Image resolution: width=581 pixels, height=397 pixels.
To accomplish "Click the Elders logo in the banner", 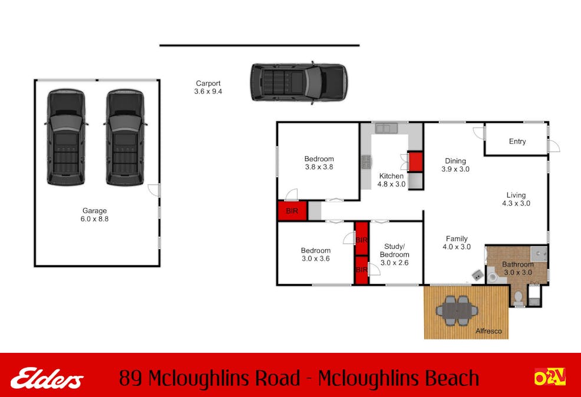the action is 47,378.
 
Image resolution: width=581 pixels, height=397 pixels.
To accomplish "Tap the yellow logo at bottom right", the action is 550,377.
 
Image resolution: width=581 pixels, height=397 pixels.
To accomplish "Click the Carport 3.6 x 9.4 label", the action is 208,87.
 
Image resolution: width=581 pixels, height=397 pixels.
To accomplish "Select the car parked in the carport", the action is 299,82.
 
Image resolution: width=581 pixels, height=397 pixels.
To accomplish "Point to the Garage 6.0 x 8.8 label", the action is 94,215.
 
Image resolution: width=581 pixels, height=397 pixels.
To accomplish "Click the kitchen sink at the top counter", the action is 386,128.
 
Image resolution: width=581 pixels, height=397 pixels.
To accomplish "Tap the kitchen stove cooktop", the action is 366,162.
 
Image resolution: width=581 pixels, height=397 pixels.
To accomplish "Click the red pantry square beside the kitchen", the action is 415,162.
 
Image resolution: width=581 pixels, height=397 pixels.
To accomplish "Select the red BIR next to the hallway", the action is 292,211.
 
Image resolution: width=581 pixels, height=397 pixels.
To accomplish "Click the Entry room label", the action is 517,141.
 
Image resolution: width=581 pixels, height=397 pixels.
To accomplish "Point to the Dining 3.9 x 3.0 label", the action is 455,165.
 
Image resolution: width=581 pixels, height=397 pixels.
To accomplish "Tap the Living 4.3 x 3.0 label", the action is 516,199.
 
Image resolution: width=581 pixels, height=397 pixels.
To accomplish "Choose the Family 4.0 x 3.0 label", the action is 457,243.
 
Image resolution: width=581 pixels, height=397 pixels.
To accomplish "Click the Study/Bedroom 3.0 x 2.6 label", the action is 394,255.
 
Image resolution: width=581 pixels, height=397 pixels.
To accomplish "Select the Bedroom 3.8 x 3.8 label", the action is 319,163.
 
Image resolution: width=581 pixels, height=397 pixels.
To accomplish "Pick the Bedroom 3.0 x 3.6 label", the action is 316,255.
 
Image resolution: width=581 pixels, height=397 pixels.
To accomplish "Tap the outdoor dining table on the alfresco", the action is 457,311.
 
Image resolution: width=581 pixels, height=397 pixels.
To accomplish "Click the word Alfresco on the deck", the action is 488,331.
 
